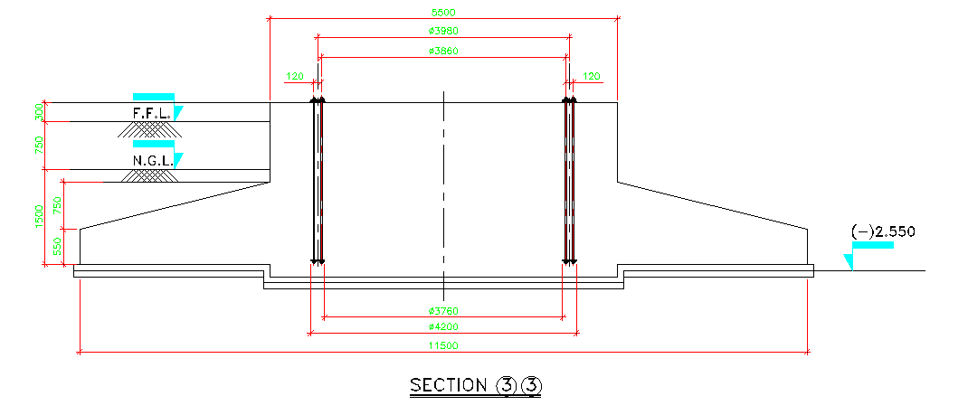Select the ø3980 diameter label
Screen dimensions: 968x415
point(443,30)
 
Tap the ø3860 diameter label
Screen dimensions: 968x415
point(443,51)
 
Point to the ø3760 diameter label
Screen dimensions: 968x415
point(443,310)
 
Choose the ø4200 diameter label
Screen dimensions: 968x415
point(443,326)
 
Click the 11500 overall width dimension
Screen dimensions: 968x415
point(444,346)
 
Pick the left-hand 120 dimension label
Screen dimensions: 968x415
point(295,77)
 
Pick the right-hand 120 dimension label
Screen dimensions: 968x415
point(592,77)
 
